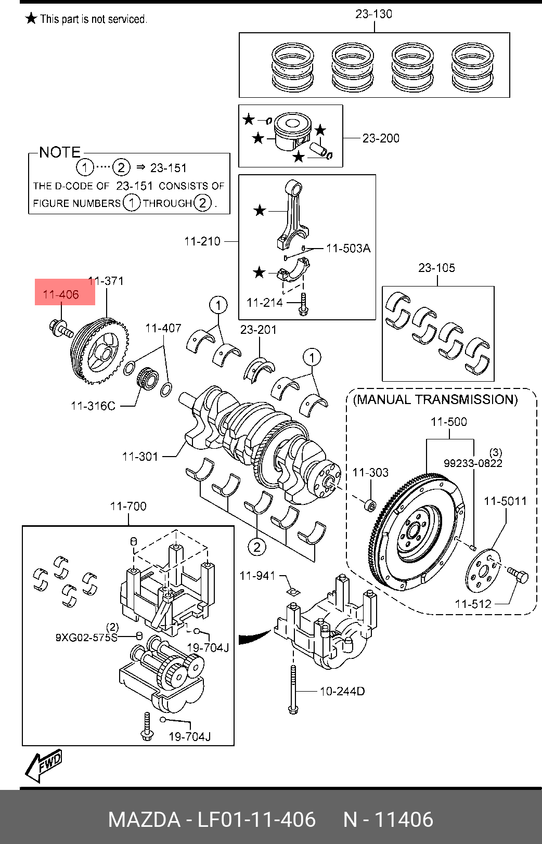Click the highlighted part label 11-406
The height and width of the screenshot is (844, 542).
[61, 294]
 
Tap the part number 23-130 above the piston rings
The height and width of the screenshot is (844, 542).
[373, 14]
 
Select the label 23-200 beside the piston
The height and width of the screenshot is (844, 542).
[381, 138]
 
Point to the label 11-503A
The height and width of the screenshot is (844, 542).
[349, 249]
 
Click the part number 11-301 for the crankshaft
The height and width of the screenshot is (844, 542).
[140, 457]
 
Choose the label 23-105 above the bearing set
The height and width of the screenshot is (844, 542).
[436, 268]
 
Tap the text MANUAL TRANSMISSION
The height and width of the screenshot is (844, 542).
[435, 399]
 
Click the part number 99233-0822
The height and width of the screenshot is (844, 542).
[473, 463]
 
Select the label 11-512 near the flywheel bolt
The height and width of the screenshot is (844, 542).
[473, 604]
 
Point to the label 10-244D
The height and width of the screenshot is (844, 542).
[342, 691]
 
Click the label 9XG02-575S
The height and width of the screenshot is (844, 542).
[86, 637]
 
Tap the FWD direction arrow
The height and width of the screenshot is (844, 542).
[44, 765]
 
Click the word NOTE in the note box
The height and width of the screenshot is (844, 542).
[60, 152]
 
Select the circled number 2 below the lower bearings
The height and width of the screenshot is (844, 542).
[256, 547]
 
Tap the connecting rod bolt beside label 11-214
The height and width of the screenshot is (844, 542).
[303, 304]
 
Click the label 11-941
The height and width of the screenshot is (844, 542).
[257, 576]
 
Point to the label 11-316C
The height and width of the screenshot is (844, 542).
[93, 406]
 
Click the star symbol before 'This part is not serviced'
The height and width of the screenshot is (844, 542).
[31, 19]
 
